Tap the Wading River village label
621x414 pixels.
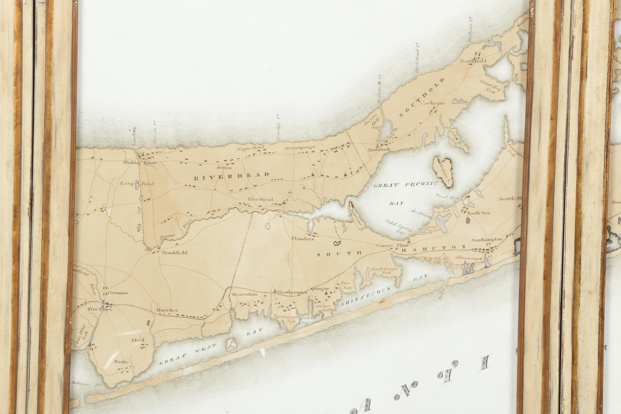(139, 162)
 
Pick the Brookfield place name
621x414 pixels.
(175, 252)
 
